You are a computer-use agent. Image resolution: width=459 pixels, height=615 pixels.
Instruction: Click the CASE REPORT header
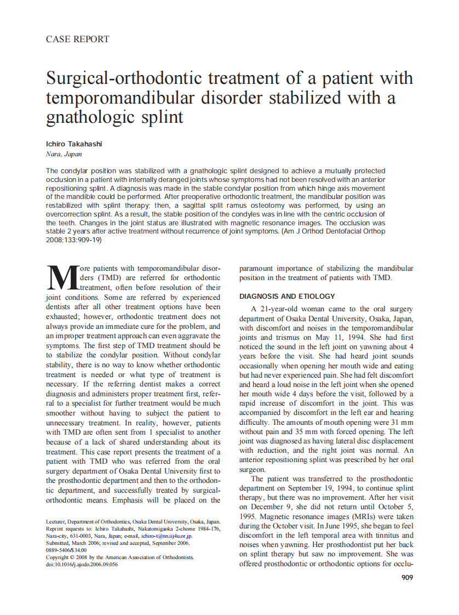[77, 39]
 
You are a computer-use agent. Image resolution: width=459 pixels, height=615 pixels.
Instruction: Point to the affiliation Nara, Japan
[64, 154]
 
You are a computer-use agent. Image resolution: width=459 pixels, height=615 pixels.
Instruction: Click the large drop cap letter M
[61, 278]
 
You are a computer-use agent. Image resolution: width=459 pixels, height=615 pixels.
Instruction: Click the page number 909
[407, 577]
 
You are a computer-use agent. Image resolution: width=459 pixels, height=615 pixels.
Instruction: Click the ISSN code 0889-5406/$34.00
[66, 550]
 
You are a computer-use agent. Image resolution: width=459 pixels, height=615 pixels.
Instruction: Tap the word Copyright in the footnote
[58, 557]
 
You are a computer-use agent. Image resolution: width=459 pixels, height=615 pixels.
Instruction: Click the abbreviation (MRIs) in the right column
[352, 516]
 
